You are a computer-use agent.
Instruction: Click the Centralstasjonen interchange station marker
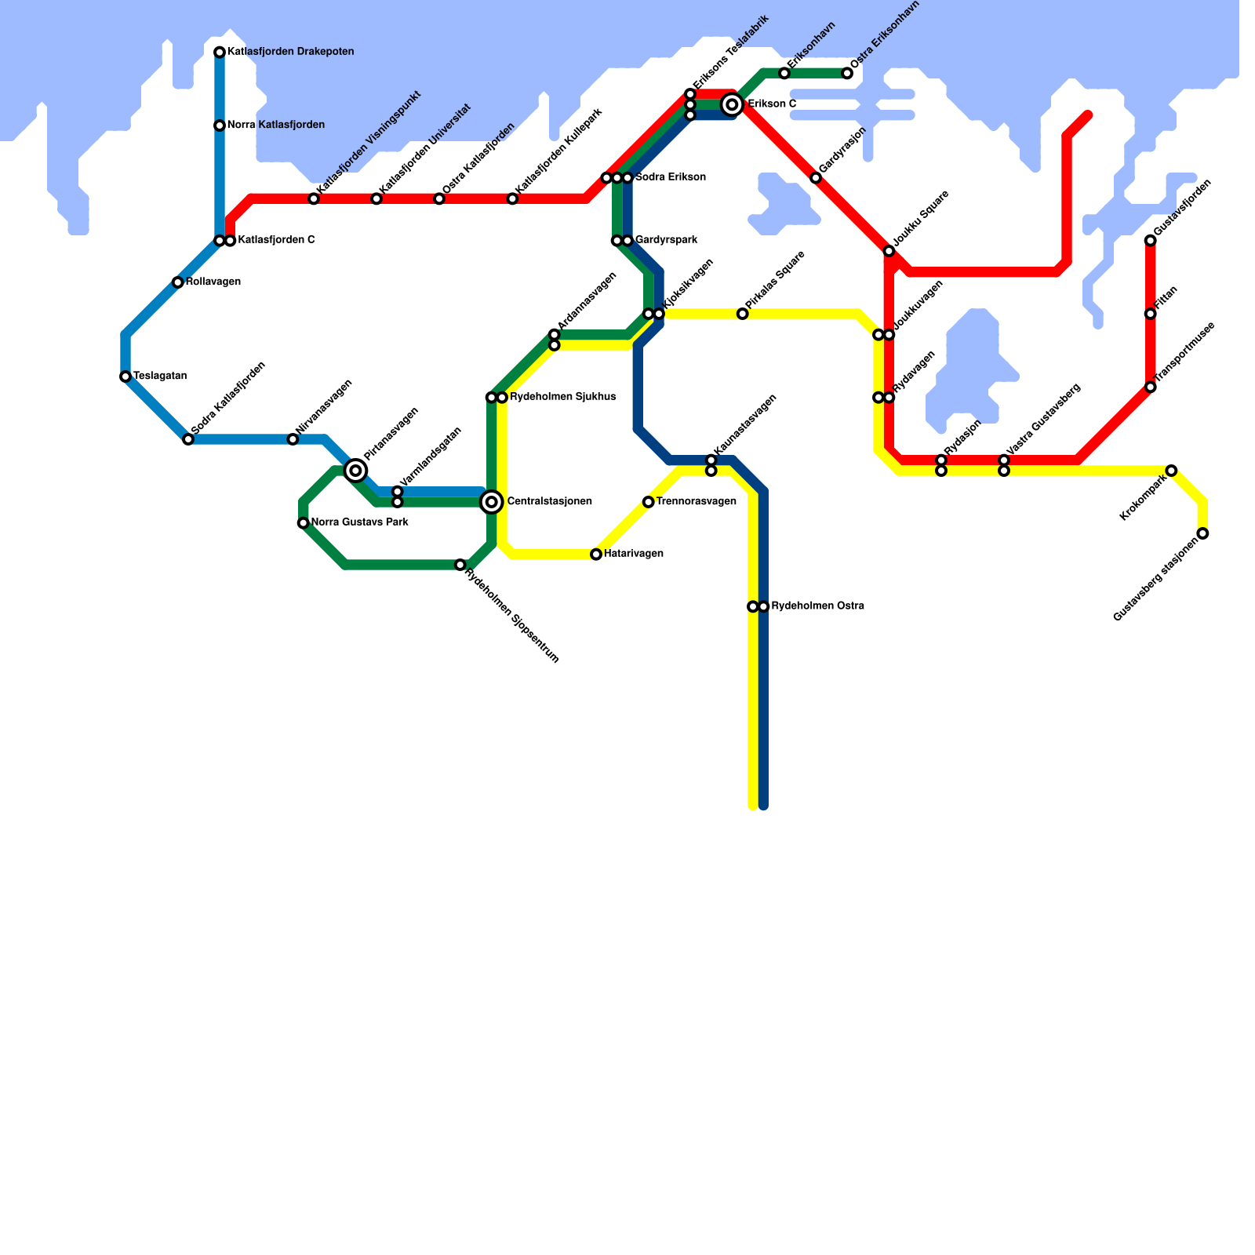(x=492, y=502)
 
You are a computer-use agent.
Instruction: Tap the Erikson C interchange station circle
(x=732, y=104)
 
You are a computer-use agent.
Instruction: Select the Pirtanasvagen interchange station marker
(x=356, y=470)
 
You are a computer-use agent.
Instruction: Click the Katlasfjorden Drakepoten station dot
(x=220, y=53)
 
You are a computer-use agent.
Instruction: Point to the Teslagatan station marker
(x=125, y=376)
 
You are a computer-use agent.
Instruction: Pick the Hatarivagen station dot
(x=596, y=555)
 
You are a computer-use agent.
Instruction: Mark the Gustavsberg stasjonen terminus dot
(x=1202, y=533)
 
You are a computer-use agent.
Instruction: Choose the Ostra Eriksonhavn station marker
(x=847, y=74)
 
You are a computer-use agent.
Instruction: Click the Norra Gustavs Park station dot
(x=304, y=523)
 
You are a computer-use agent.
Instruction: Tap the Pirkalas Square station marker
(x=743, y=314)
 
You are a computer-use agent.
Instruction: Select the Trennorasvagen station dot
(x=648, y=502)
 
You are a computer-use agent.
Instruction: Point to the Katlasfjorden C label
(x=276, y=240)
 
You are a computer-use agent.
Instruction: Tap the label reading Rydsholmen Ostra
(x=817, y=606)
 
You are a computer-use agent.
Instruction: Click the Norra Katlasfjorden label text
(x=275, y=125)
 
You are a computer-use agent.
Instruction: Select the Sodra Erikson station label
(x=670, y=177)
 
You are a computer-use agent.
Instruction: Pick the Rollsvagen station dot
(x=178, y=282)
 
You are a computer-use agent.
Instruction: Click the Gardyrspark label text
(x=666, y=239)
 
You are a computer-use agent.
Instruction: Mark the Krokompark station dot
(x=1171, y=471)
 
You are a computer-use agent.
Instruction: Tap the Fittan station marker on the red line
(x=1150, y=314)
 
